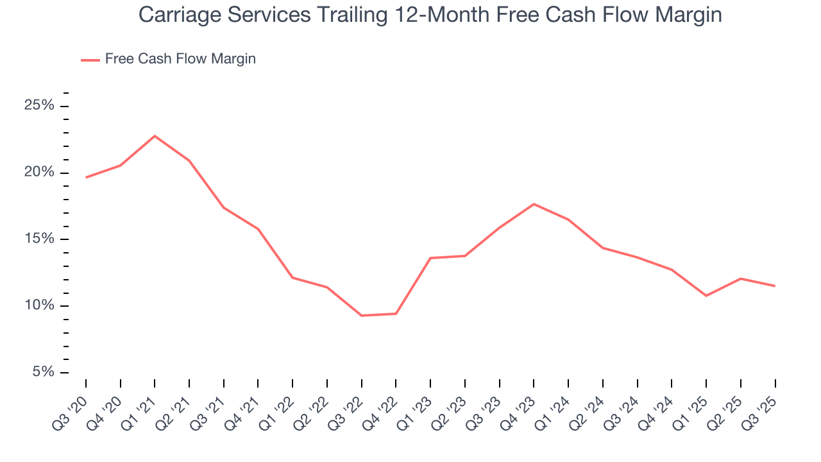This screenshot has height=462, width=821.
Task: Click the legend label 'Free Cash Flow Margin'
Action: tap(180, 59)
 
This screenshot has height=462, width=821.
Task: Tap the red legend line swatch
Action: tap(90, 60)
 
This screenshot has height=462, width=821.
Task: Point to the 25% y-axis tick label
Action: tap(39, 105)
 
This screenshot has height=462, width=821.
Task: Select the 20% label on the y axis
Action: tap(39, 172)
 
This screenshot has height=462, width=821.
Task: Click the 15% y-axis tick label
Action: tap(39, 239)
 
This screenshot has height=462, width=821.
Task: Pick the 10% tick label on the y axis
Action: tap(39, 305)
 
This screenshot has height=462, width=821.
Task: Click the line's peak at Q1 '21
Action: tap(155, 136)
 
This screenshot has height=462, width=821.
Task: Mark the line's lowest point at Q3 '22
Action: tap(362, 316)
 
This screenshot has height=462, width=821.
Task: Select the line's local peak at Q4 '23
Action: tap(534, 204)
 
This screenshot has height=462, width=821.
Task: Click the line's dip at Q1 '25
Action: tap(706, 296)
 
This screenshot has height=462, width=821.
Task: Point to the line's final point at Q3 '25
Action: tap(775, 286)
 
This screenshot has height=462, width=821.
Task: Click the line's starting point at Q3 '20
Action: tap(86, 177)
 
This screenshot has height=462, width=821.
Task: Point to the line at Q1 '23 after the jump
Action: tap(430, 258)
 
